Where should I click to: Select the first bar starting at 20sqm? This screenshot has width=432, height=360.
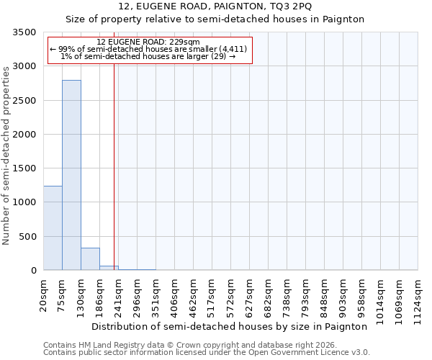coord(53,228)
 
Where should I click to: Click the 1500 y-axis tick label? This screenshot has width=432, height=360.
coord(26,168)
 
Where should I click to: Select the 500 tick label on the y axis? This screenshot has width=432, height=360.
coord(29,237)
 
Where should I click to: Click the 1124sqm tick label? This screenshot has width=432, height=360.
coord(418,297)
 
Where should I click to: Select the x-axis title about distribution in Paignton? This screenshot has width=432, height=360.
coord(230,326)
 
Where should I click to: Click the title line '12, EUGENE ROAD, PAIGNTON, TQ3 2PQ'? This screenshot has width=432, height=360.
coord(215,6)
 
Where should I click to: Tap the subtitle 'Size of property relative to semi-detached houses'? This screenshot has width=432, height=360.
coord(215,19)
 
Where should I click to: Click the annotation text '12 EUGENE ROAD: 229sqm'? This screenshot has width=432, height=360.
coord(148,42)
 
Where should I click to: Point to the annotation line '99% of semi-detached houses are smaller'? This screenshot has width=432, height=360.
coord(148,49)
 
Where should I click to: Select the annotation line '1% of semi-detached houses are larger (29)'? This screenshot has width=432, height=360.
coord(148,56)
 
